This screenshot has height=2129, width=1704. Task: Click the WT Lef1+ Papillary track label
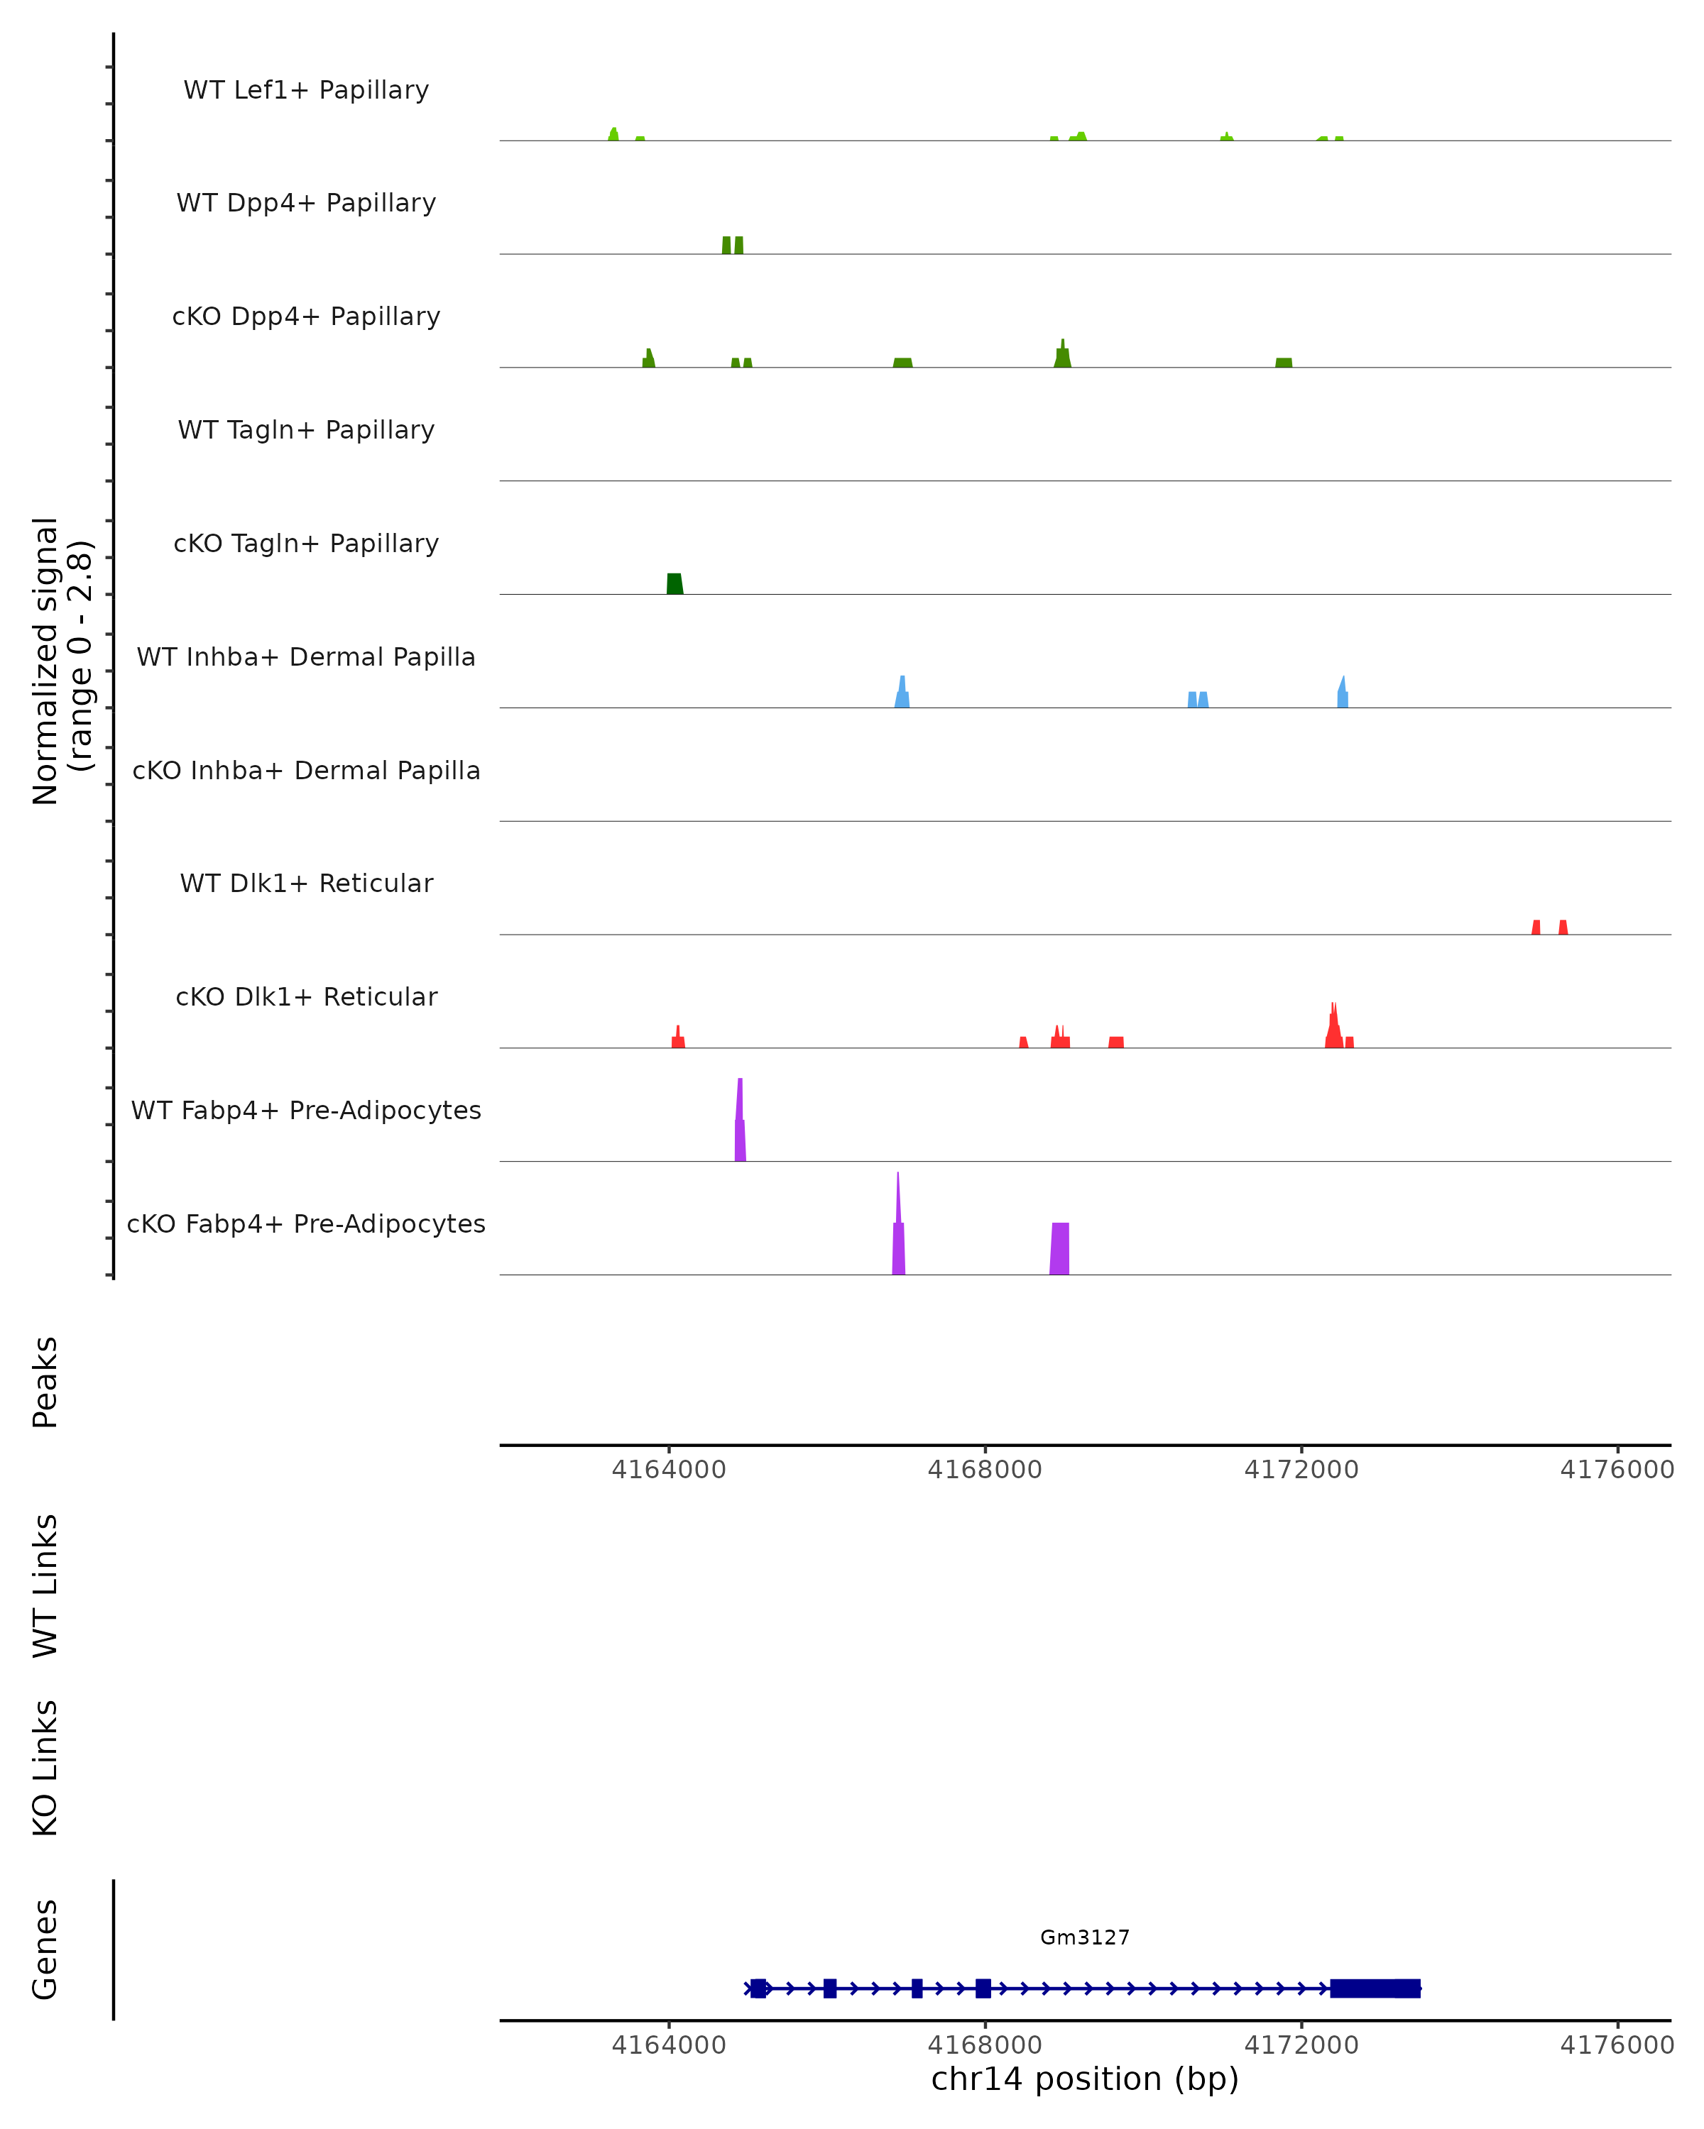[306, 90]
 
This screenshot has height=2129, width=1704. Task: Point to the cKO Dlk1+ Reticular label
[306, 996]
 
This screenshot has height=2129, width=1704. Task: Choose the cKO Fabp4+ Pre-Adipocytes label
[306, 1223]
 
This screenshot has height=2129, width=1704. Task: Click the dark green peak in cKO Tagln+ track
[674, 583]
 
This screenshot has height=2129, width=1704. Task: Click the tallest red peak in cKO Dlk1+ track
[1333, 1027]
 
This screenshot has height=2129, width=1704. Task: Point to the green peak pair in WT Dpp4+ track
[733, 245]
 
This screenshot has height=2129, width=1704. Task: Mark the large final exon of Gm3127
[1375, 1988]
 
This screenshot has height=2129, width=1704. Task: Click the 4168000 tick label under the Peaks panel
[985, 1470]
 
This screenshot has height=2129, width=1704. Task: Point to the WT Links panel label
[45, 1586]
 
